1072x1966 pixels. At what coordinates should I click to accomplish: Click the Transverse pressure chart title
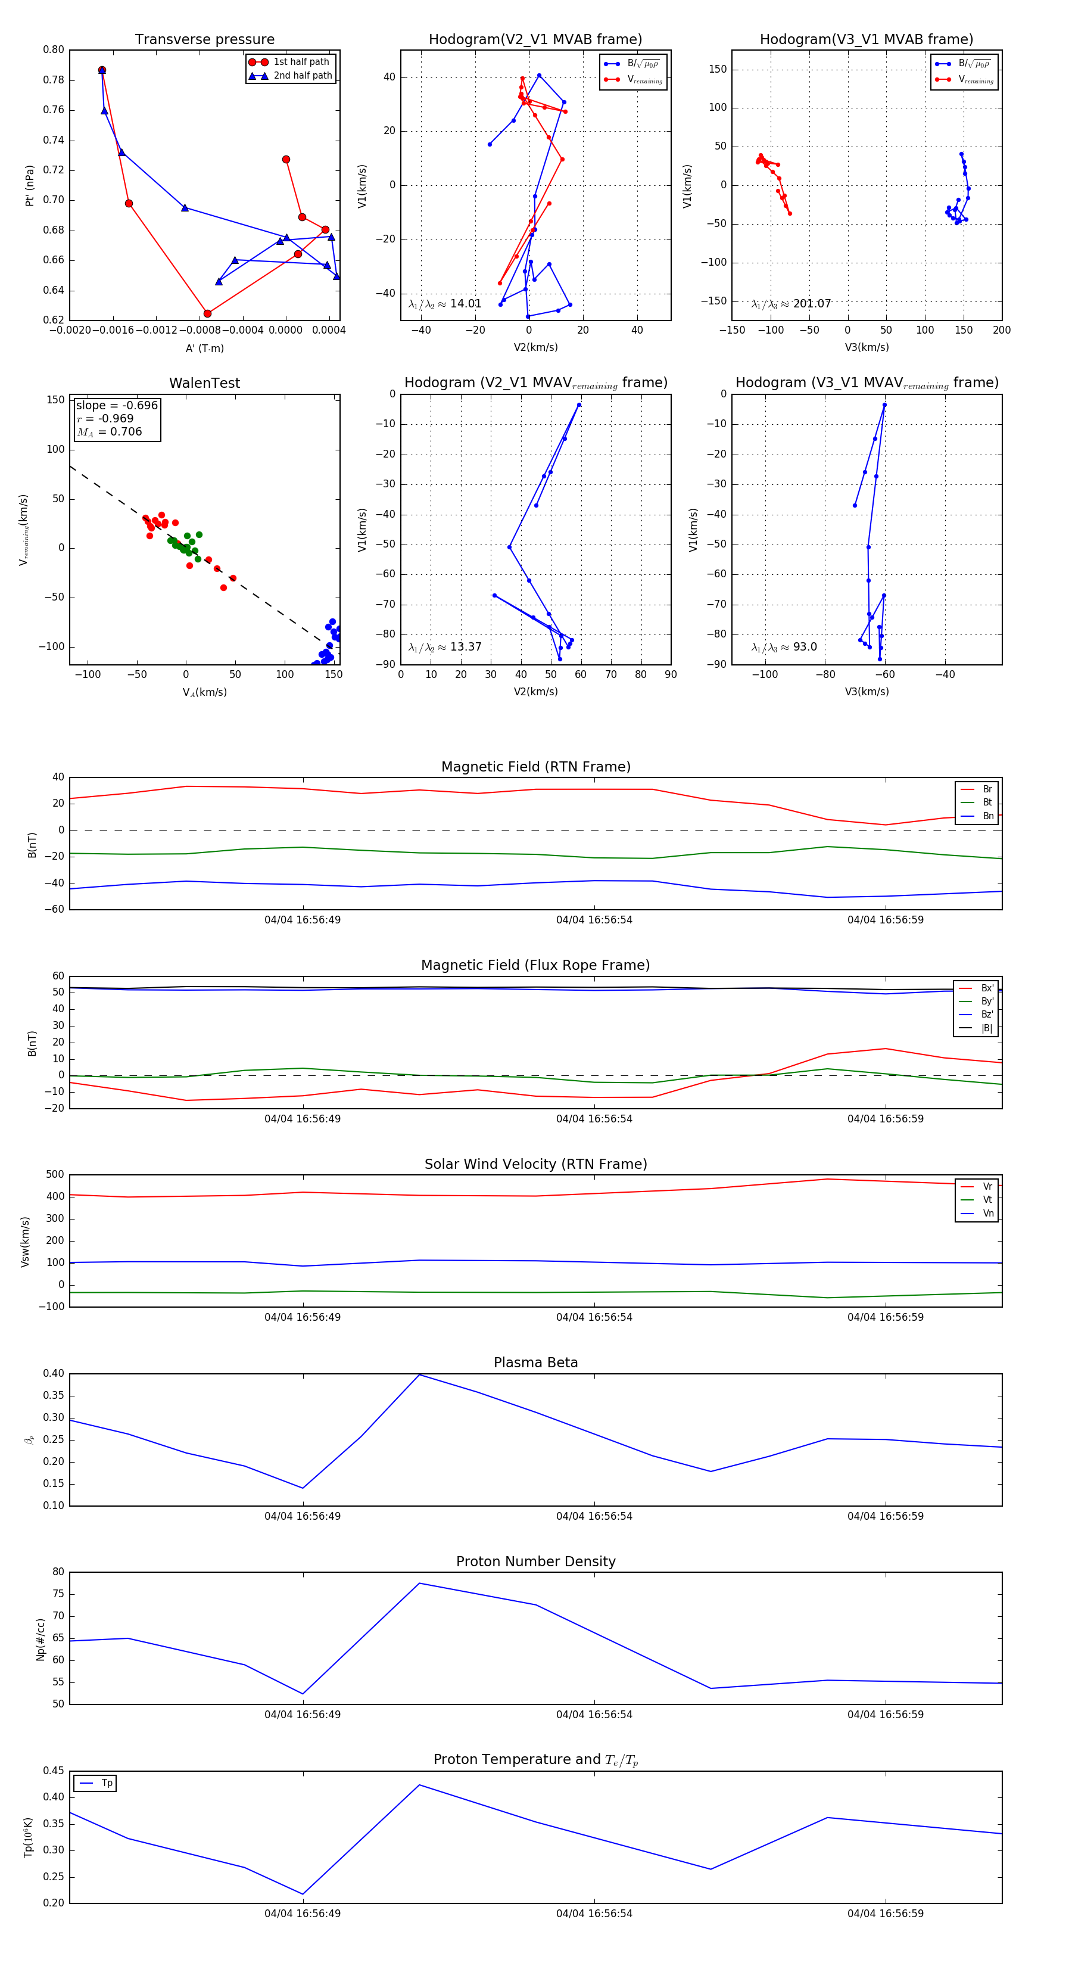coord(204,40)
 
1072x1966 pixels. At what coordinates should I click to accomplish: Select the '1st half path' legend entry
coord(301,62)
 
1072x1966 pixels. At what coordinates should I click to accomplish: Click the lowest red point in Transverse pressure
coord(207,314)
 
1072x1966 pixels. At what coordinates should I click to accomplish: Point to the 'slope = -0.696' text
coord(117,405)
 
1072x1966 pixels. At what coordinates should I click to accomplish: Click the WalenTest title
coord(204,383)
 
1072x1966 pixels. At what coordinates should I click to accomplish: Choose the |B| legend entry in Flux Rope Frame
coord(986,1028)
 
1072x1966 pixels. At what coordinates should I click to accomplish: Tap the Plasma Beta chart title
coord(535,1362)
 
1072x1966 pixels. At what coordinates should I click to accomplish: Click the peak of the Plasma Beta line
coord(419,1374)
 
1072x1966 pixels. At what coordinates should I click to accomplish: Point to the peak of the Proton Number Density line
coord(419,1583)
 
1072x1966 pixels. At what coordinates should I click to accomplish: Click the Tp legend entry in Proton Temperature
coord(106,1783)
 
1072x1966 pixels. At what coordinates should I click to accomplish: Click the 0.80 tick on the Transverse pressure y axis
coord(54,51)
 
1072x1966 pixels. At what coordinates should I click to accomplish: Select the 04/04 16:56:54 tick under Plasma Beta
coord(594,1516)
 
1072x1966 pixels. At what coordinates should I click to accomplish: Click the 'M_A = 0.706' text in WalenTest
coord(109,432)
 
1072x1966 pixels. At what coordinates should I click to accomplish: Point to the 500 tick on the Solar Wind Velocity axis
coord(55,1175)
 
